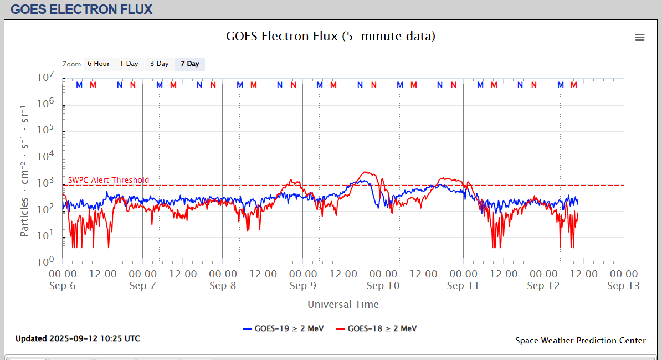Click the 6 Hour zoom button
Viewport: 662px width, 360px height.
point(99,64)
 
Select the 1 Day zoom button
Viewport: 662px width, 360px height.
point(129,64)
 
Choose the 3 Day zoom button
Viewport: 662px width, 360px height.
point(160,64)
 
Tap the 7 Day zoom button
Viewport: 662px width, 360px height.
point(190,64)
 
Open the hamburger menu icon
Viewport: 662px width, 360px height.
point(640,37)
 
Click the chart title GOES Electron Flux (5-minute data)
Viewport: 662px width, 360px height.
point(331,37)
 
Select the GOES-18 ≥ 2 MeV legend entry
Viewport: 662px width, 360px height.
point(376,328)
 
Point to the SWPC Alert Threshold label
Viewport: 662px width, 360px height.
point(109,180)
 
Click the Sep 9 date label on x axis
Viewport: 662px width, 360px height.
point(302,286)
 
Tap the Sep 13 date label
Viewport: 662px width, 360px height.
point(623,286)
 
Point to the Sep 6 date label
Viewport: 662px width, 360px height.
point(63,286)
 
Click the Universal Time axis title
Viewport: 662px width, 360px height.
point(343,304)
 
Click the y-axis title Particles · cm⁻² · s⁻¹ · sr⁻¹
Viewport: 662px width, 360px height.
point(25,169)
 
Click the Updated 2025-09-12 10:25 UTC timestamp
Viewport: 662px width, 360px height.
point(78,338)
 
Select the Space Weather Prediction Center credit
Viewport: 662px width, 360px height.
point(580,341)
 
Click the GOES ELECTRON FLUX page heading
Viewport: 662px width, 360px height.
point(81,9)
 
